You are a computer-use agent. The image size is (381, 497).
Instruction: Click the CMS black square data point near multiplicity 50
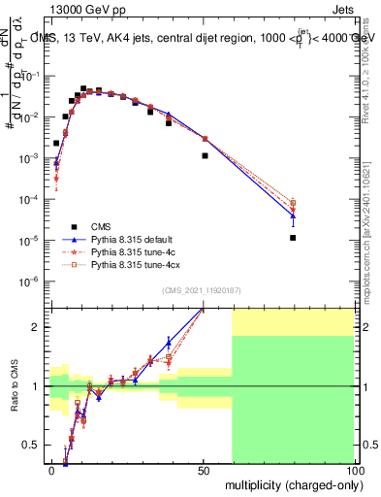point(205,155)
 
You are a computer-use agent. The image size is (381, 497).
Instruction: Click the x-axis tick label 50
point(202,470)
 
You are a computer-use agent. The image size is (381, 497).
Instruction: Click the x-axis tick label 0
point(51,470)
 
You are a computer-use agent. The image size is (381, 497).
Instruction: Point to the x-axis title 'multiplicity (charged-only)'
point(290,483)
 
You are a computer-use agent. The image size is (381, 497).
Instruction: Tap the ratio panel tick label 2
point(38,327)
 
